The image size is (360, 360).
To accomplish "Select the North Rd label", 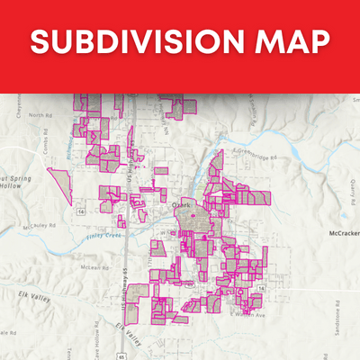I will click(41, 115).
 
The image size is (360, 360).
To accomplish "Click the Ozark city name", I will click(181, 205).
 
